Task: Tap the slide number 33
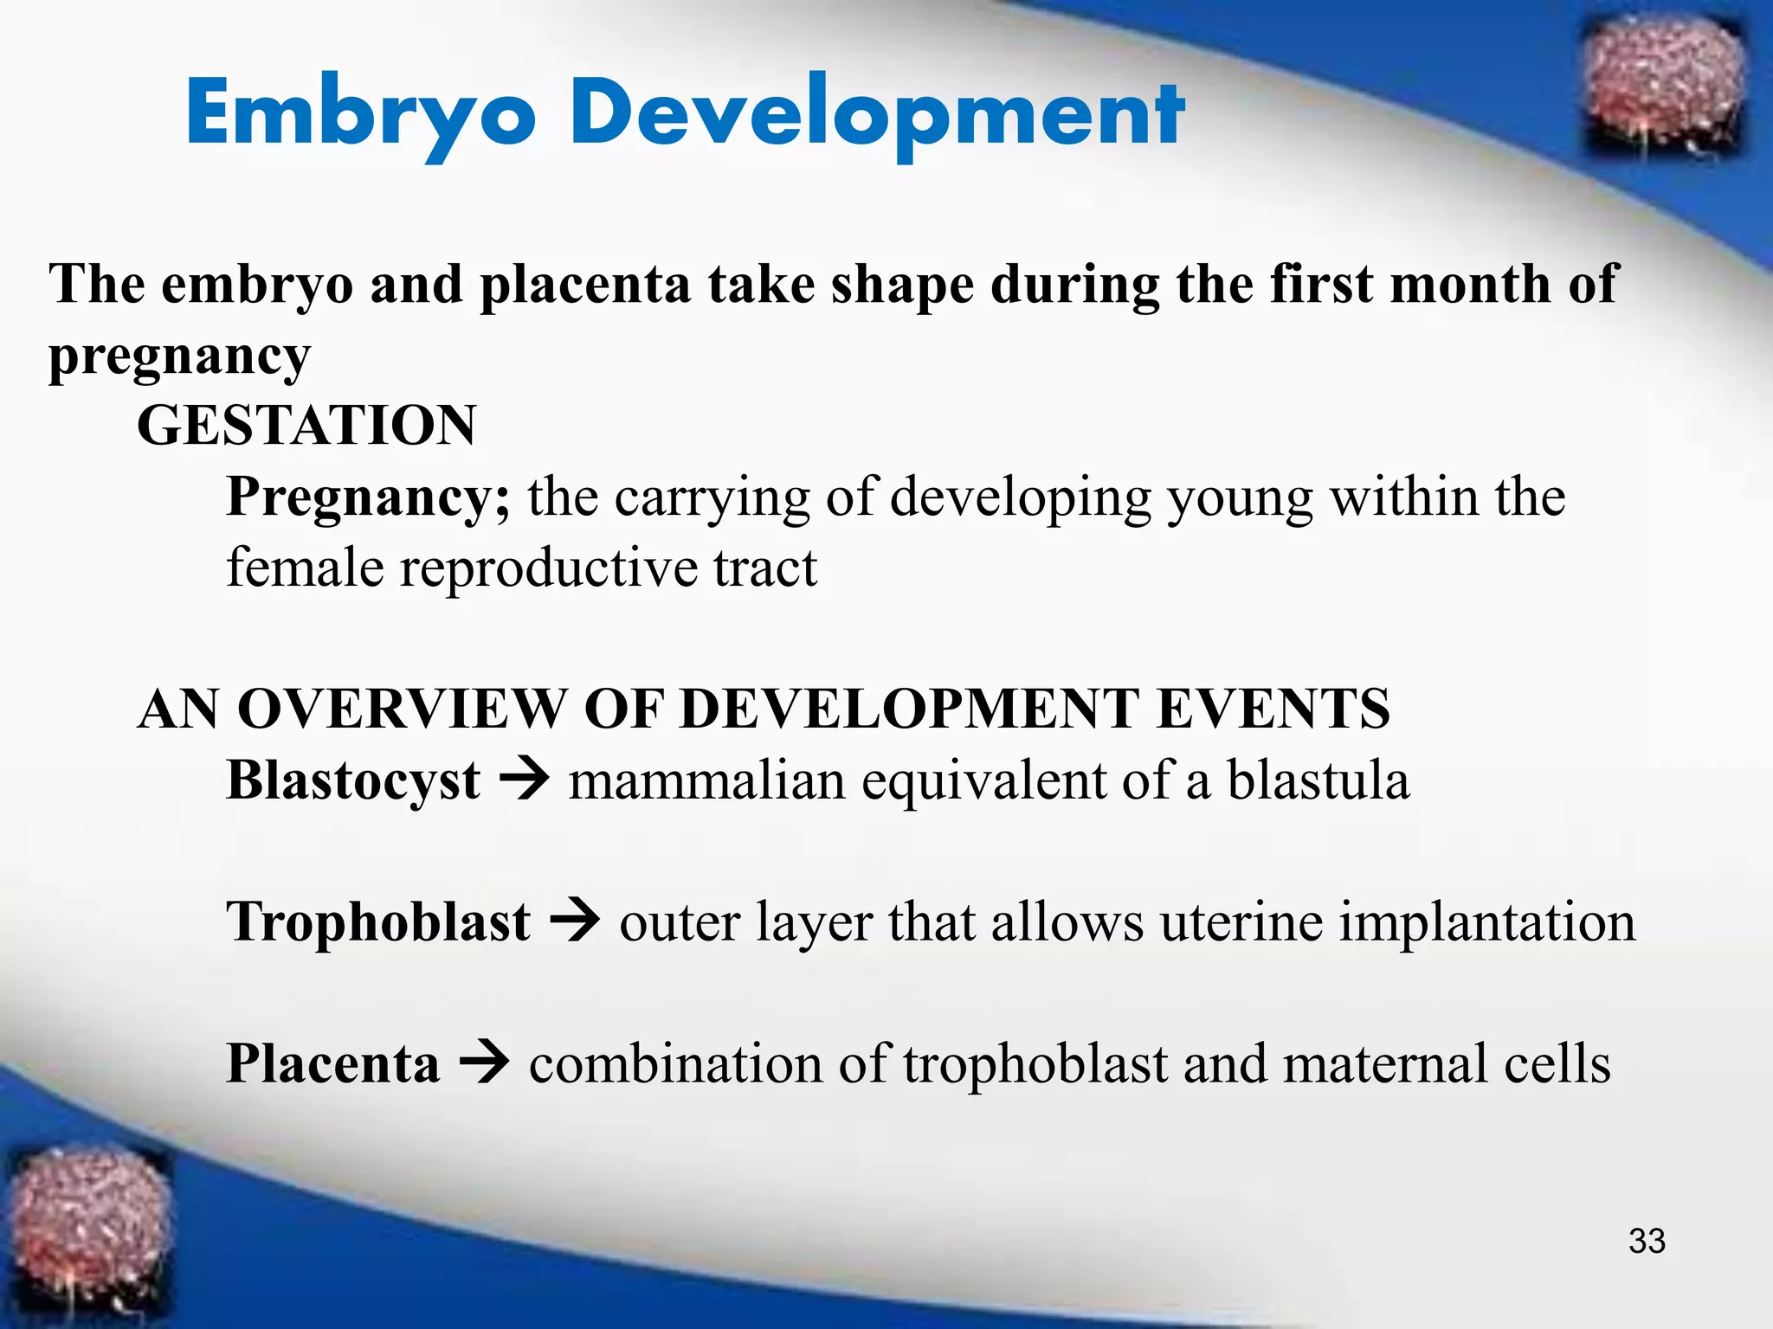click(x=1646, y=1241)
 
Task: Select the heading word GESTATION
click(x=306, y=426)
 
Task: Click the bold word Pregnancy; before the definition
click(x=368, y=499)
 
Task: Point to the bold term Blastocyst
click(x=352, y=780)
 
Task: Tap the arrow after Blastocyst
click(x=524, y=779)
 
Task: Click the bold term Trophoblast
click(x=377, y=922)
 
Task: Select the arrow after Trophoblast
click(x=575, y=921)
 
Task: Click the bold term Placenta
click(x=332, y=1064)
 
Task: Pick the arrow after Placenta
click(x=484, y=1063)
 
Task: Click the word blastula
click(x=1318, y=780)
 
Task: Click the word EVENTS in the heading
click(x=1273, y=709)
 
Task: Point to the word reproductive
click(x=548, y=569)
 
